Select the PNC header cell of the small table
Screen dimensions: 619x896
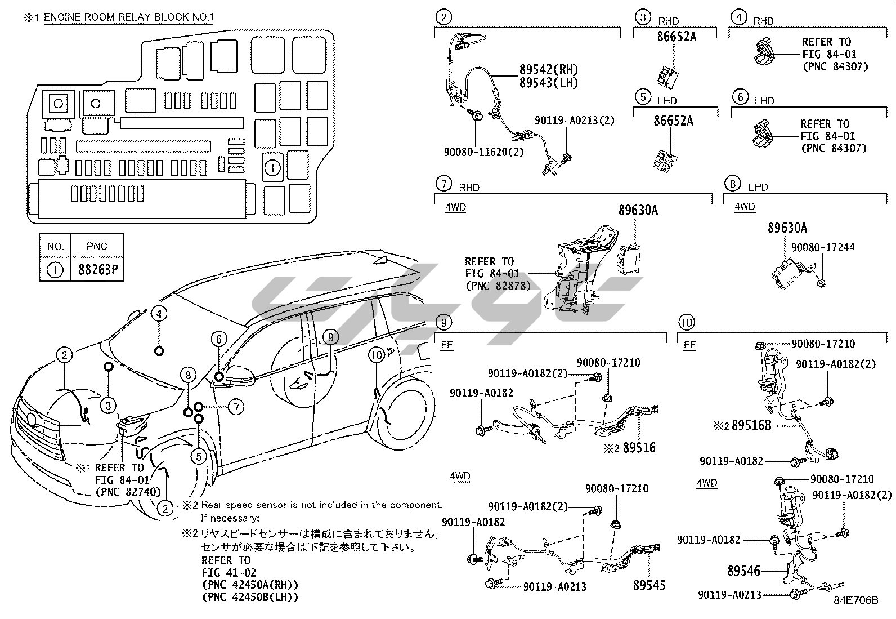pyautogui.click(x=97, y=246)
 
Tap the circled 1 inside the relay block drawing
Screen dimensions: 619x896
pyautogui.click(x=272, y=168)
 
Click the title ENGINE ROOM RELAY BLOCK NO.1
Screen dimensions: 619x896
pyautogui.click(x=129, y=17)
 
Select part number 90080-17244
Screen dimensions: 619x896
pyautogui.click(x=822, y=247)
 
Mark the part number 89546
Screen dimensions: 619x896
pyautogui.click(x=743, y=571)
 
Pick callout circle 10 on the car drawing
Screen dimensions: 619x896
pyautogui.click(x=377, y=355)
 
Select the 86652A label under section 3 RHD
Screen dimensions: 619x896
pyautogui.click(x=677, y=37)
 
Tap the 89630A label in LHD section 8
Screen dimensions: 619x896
pyautogui.click(x=787, y=228)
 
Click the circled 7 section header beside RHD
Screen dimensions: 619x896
pyautogui.click(x=444, y=184)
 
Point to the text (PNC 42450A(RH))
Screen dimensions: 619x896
pyautogui.click(x=250, y=585)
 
